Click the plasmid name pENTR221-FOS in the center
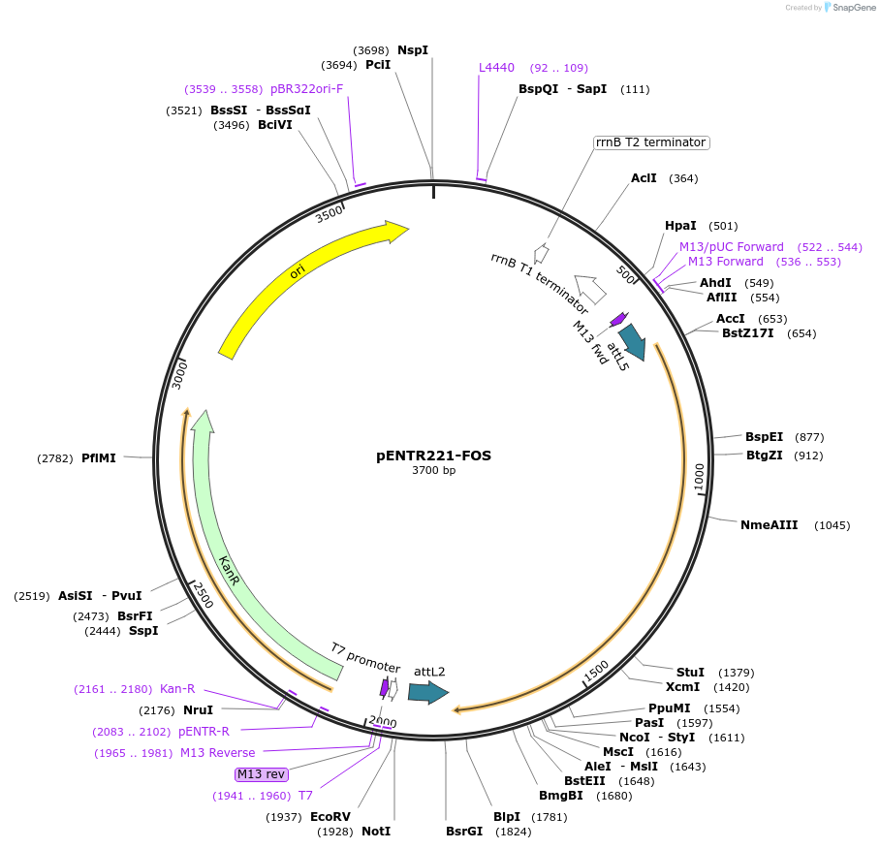pos(433,456)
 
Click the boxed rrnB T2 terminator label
pos(651,142)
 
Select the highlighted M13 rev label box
pos(262,773)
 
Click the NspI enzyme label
pos(413,49)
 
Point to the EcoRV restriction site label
pos(330,817)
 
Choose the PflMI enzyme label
pos(99,458)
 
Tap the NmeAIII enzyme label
pos(769,525)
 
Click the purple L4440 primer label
pos(497,68)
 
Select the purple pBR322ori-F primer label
pos(307,88)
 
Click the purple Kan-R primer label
pos(177,689)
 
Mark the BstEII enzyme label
pos(584,780)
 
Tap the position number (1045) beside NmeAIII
pos(833,525)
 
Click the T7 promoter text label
pos(365,657)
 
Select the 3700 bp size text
pos(433,471)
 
